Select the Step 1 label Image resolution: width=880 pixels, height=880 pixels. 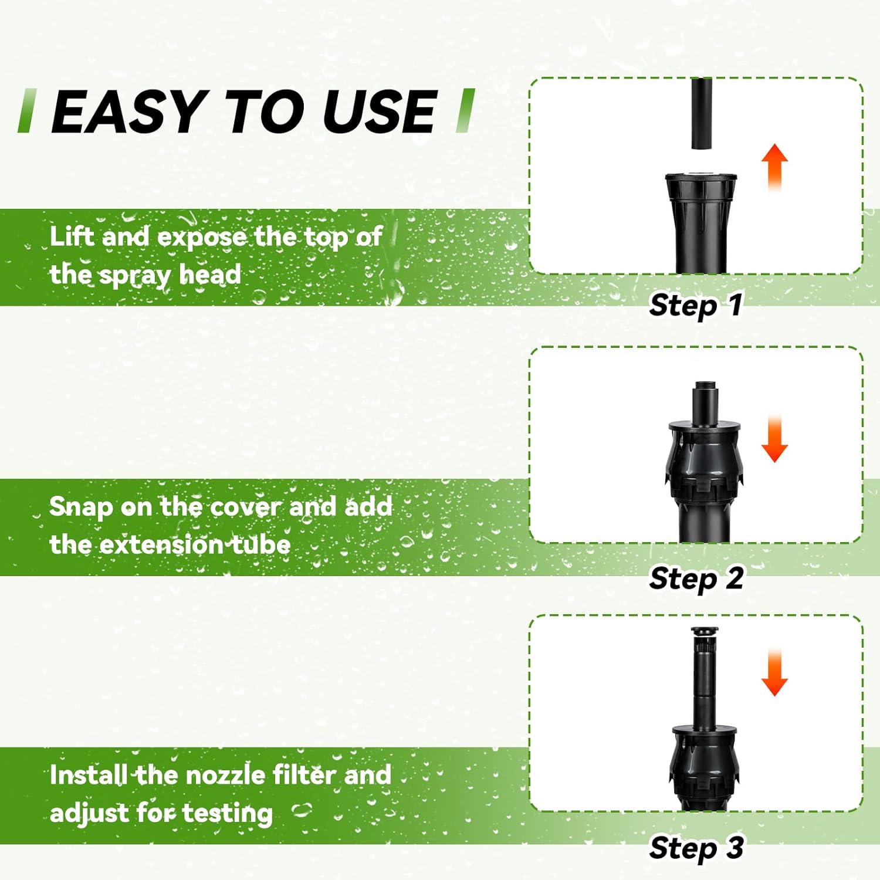point(696,305)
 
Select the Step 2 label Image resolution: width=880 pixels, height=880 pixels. point(696,578)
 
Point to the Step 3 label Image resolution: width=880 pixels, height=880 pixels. point(696,848)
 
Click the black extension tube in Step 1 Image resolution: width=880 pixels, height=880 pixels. point(701,114)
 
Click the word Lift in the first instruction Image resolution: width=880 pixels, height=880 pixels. point(72,236)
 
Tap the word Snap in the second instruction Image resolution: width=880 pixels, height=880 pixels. point(80,507)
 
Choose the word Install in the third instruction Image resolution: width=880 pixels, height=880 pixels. point(89,775)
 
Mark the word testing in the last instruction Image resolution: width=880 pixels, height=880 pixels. point(227,814)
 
